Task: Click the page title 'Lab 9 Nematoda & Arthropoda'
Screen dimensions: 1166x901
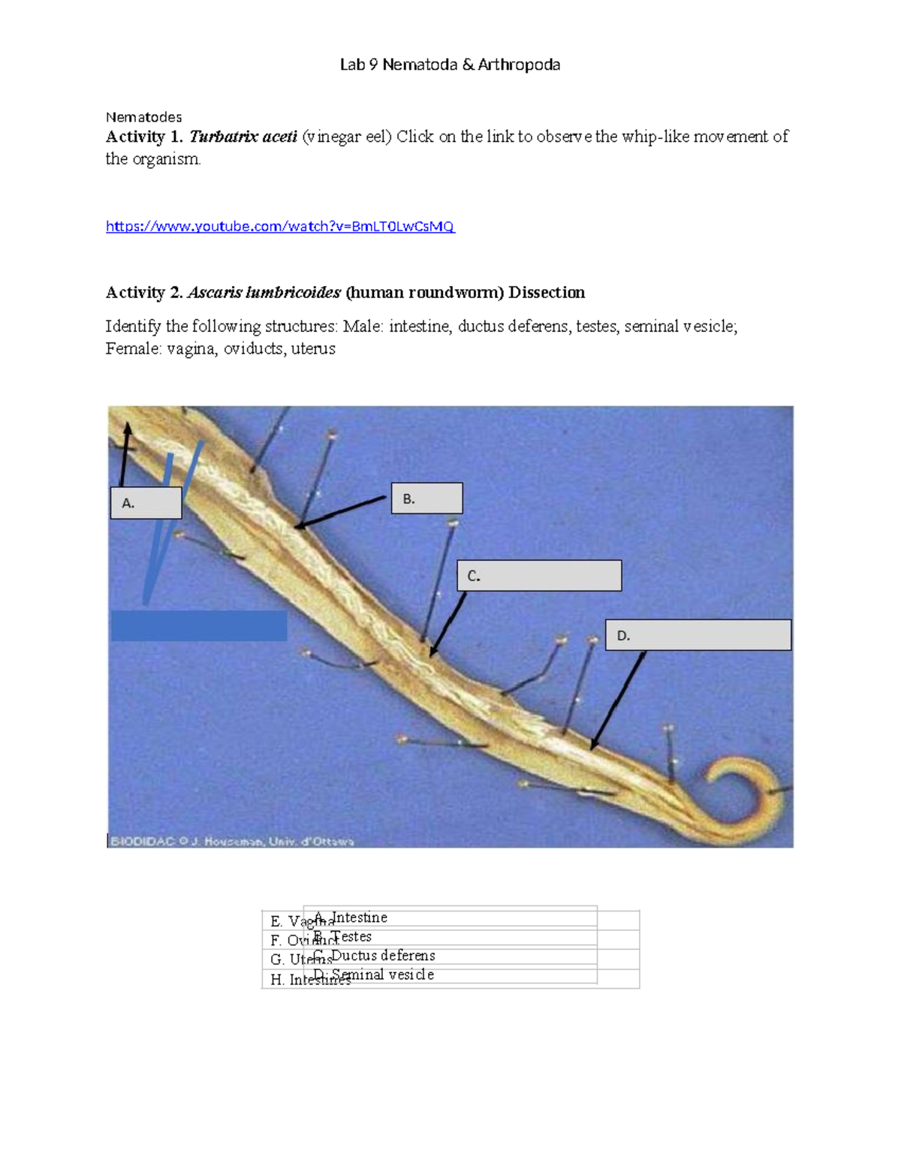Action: [x=450, y=65]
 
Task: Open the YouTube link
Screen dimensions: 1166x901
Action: [x=280, y=226]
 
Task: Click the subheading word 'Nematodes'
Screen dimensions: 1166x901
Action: [x=143, y=117]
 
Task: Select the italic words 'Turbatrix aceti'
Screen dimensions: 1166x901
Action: [x=243, y=137]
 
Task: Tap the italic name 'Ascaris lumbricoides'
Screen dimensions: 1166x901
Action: [x=264, y=293]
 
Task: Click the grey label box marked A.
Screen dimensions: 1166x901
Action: [x=146, y=503]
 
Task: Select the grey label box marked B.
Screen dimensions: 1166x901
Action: [x=426, y=499]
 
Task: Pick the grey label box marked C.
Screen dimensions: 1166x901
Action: [x=539, y=576]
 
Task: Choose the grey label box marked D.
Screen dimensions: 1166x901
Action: [x=698, y=635]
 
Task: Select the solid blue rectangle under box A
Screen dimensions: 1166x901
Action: [x=199, y=625]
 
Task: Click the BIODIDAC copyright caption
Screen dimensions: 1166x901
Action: [x=232, y=842]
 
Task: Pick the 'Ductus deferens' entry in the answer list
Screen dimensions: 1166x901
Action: [x=383, y=956]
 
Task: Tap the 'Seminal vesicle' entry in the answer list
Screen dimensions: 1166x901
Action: [x=383, y=975]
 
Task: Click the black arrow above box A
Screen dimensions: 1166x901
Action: [x=125, y=453]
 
